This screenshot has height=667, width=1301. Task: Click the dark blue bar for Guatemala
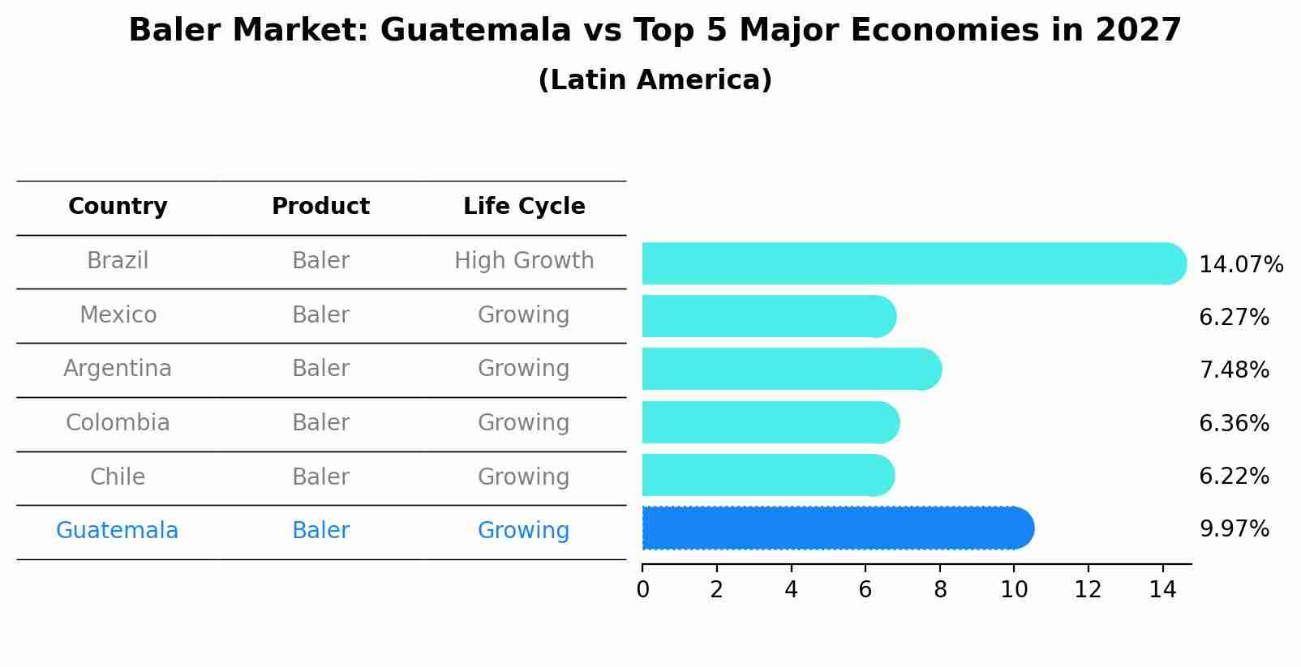tap(835, 528)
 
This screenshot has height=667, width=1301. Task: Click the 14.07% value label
tap(1240, 265)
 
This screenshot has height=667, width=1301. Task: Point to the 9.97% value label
tap(1234, 529)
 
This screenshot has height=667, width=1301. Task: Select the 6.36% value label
tap(1234, 423)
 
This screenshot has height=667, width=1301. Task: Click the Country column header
tap(118, 207)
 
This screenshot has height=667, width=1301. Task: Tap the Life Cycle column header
tap(524, 207)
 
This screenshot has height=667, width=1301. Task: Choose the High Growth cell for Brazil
tap(524, 261)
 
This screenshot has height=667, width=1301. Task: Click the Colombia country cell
tap(118, 423)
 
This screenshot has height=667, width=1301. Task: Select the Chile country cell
tap(118, 477)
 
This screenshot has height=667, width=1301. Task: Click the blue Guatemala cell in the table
tap(118, 531)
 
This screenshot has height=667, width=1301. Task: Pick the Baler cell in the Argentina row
tap(320, 369)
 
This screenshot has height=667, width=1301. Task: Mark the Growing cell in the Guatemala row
tap(524, 531)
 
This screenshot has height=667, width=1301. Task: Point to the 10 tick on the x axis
tap(1014, 589)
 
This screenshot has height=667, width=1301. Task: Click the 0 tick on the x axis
tap(642, 589)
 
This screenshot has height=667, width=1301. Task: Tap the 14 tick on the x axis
tap(1162, 589)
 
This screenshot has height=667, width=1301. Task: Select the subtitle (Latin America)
tap(655, 80)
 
